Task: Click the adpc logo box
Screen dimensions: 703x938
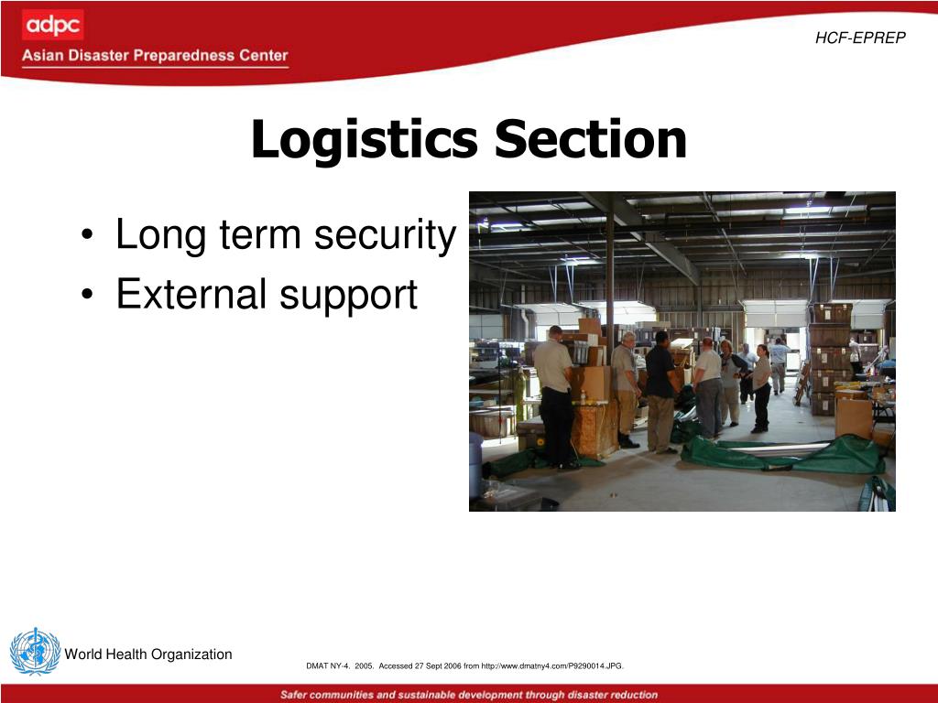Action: click(52, 25)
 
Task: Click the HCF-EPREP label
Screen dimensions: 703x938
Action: click(860, 38)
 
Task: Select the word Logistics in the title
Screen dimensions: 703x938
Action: click(364, 140)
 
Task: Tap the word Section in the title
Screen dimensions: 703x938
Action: click(591, 140)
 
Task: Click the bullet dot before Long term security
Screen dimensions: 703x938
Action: click(85, 238)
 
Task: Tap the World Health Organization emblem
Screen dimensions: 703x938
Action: click(35, 652)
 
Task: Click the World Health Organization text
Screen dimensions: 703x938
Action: click(148, 654)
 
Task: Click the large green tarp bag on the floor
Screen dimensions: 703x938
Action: click(788, 455)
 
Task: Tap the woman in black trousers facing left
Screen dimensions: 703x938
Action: click(761, 388)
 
